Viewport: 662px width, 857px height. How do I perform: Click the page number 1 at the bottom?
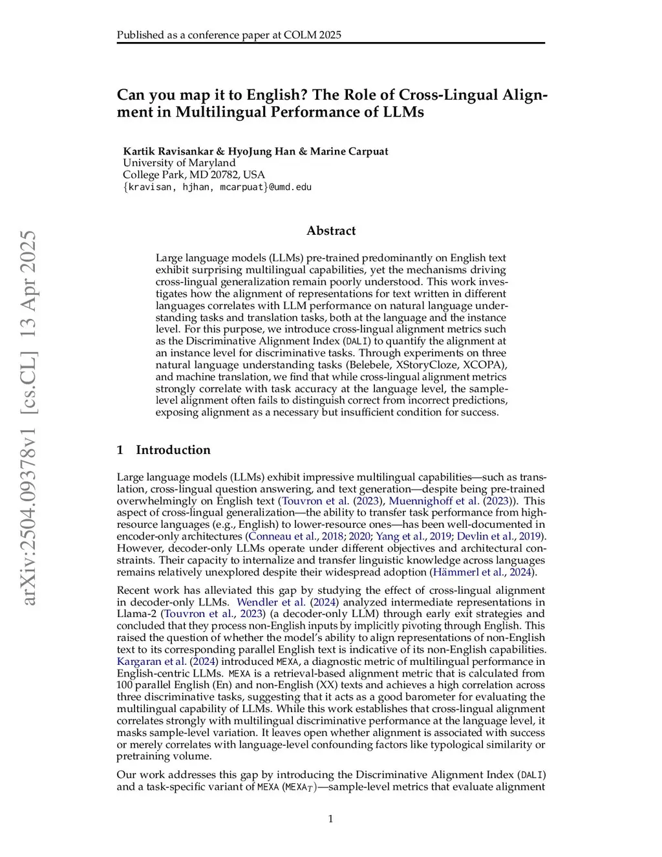coord(330,819)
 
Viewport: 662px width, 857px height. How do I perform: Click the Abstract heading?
coord(331,231)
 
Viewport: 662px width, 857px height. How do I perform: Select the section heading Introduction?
coord(173,450)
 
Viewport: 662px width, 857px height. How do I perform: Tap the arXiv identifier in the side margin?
coord(29,418)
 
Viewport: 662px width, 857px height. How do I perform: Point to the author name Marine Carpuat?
coord(349,151)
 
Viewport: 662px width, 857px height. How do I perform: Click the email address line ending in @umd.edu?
coord(217,187)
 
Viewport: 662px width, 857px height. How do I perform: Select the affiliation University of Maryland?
coord(179,163)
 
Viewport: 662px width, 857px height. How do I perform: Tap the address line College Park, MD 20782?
coord(194,175)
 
